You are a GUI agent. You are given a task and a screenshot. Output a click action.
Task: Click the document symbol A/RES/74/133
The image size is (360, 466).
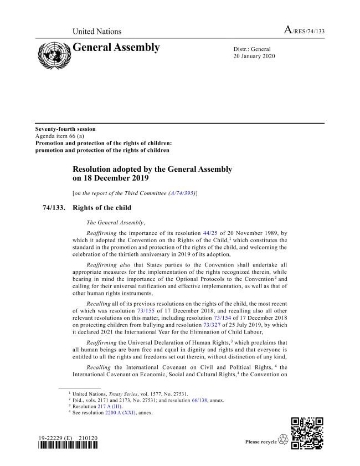[x=304, y=31]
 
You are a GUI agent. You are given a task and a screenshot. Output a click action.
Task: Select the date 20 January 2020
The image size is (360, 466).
[x=254, y=57]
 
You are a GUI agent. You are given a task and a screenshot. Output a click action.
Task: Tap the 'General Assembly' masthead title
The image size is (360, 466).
[x=117, y=48]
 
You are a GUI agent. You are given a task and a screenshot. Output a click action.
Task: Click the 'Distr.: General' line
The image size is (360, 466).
[x=252, y=49]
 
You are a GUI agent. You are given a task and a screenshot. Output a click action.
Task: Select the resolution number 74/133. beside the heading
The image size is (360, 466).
[x=54, y=208]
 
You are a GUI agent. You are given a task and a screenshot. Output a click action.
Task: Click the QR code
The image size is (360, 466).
[x=307, y=433]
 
